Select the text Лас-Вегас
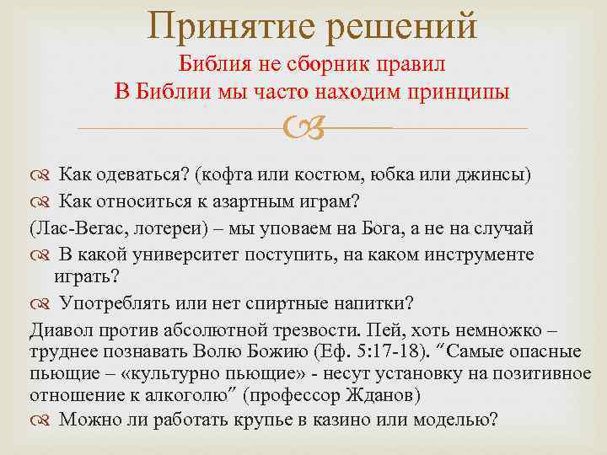[x=67, y=227]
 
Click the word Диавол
[x=59, y=329]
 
